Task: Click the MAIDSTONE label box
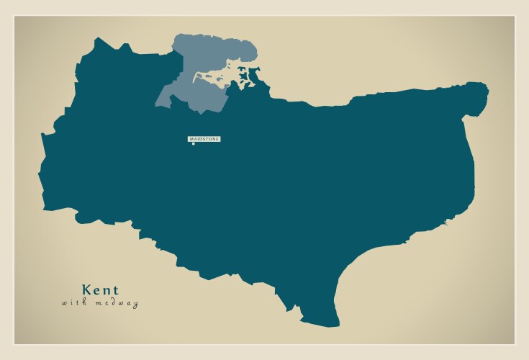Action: pyautogui.click(x=204, y=138)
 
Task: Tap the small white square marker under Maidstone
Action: pyautogui.click(x=193, y=144)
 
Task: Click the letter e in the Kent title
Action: pyautogui.click(x=97, y=290)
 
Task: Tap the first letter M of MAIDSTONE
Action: pyautogui.click(x=191, y=138)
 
